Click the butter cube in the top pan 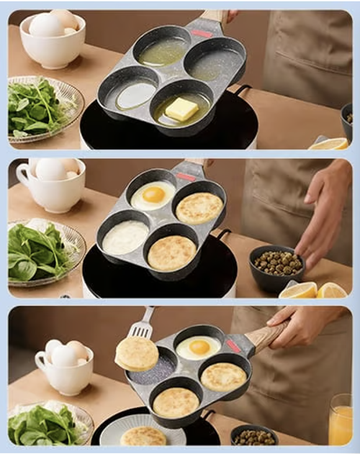point(181,109)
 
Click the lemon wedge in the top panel point(329,143)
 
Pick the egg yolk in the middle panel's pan point(154,194)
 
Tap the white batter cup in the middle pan point(125,237)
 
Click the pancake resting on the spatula point(137,353)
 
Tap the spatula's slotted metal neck point(144,327)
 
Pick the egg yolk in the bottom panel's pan point(199,347)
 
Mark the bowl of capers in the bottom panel point(253,436)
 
